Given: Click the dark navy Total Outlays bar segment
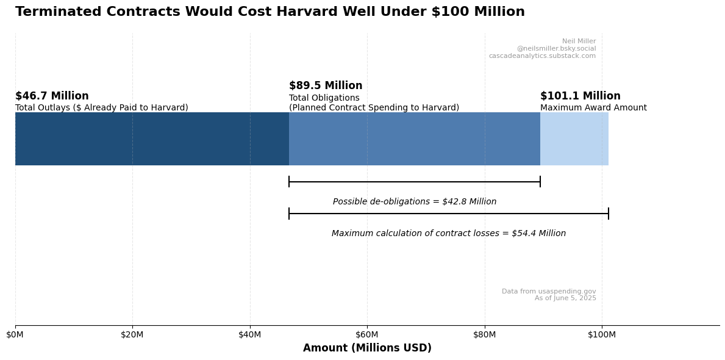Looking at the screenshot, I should point(152,139).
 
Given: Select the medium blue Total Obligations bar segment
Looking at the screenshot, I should point(415,139).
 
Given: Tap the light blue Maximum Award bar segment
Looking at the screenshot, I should point(574,139).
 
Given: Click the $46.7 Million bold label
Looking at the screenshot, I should point(52,96).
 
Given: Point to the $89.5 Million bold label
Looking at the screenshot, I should point(326,86).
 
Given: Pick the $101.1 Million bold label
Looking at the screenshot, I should point(580,96).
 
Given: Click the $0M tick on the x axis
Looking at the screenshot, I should point(15,334).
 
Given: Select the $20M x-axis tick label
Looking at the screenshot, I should point(132,334).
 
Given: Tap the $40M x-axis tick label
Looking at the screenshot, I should point(250,334).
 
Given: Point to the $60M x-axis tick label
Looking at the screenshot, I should point(367,334).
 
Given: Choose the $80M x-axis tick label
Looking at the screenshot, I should point(485,334).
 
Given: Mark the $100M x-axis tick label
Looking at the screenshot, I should point(602,334).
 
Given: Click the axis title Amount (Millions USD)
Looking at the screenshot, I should point(367,348).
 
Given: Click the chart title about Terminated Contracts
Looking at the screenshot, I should point(270,12).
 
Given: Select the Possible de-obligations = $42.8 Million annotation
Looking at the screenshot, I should point(415,202).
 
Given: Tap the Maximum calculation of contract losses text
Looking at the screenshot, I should point(449,234).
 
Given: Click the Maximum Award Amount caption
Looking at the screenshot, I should point(593,108).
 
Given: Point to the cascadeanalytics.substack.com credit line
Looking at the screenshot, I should point(542,56).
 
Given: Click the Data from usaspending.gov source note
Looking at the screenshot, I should point(549,292).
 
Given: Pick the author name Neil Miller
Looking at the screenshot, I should point(579,41).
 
